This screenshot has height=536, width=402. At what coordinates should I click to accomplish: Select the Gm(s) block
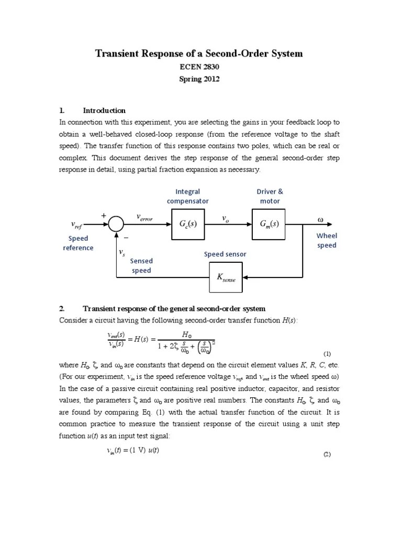tap(270, 224)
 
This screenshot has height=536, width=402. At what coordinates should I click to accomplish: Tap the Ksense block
tap(227, 277)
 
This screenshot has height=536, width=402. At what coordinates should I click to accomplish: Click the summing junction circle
tap(116, 224)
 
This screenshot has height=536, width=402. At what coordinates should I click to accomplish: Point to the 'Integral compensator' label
tap(187, 196)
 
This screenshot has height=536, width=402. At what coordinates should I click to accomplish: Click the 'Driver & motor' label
tap(270, 196)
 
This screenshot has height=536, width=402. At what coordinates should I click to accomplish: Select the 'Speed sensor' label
tap(225, 254)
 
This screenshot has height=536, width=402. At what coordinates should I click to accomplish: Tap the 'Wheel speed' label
tap(327, 241)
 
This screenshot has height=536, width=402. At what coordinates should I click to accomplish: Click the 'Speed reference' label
tap(79, 243)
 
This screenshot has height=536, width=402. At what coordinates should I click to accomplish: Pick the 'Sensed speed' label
tap(141, 265)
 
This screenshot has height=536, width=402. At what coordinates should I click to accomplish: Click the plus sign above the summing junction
tap(104, 215)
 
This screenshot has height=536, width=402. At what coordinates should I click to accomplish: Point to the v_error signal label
tap(144, 217)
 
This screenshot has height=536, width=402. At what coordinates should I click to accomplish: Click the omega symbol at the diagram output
tap(320, 219)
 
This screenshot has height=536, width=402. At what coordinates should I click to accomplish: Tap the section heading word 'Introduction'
tap(104, 110)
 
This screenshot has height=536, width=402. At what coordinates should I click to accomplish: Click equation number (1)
tap(327, 354)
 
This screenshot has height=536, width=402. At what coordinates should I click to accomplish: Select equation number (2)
tap(327, 454)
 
